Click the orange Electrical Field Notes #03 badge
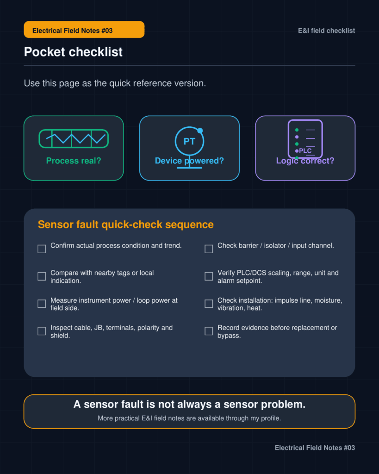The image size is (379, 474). click(84, 30)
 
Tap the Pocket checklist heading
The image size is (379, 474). click(73, 52)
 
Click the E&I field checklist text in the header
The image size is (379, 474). click(326, 31)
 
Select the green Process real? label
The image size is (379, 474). click(74, 161)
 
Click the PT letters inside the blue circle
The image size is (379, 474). click(190, 141)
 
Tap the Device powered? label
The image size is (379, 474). click(189, 161)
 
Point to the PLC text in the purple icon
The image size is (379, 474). click(305, 151)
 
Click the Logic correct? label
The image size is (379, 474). click(305, 161)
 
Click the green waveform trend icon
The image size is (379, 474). click(74, 139)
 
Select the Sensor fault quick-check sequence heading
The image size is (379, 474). click(126, 225)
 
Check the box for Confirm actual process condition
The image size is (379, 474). click(42, 249)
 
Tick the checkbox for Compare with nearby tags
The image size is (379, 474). click(42, 276)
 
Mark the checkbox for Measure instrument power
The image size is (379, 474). click(42, 304)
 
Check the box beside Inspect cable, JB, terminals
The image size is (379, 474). click(42, 331)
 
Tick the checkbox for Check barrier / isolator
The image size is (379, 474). click(209, 249)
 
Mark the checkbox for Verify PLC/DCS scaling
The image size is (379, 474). click(209, 276)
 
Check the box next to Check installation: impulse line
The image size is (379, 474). click(209, 304)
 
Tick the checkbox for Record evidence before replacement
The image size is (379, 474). click(209, 331)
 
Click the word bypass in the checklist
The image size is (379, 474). click(228, 336)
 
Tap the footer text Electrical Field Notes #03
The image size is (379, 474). click(315, 448)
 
